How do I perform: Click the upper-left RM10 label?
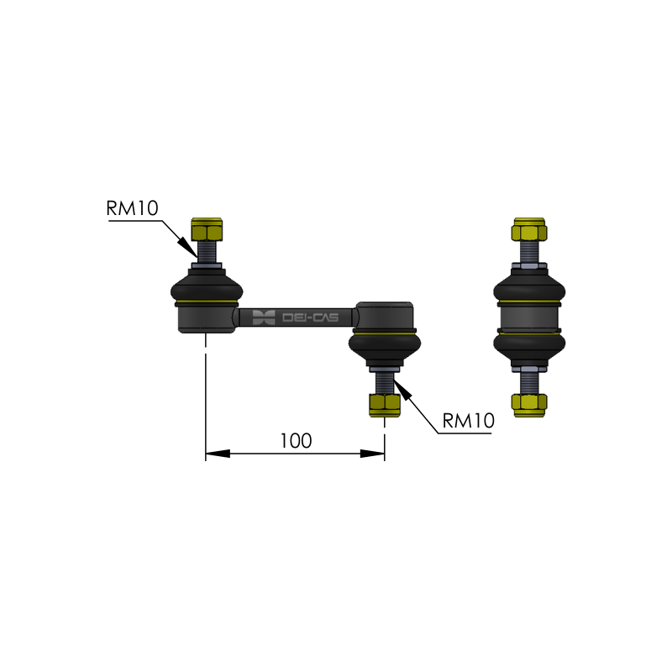133,208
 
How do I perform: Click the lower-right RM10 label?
469,421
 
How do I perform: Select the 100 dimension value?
296,441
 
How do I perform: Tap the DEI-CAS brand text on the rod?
310,318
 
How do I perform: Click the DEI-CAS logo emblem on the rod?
264,318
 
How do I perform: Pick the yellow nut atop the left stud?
207,229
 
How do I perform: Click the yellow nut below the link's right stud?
385,406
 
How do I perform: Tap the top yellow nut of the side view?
529,229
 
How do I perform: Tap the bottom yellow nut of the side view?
529,406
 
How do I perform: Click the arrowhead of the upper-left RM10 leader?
188,247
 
